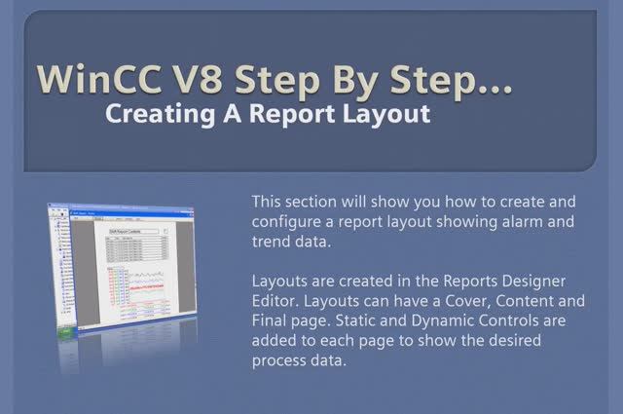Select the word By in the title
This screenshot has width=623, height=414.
[351, 79]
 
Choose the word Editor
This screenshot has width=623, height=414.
[275, 301]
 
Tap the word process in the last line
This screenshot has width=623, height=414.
[282, 359]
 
